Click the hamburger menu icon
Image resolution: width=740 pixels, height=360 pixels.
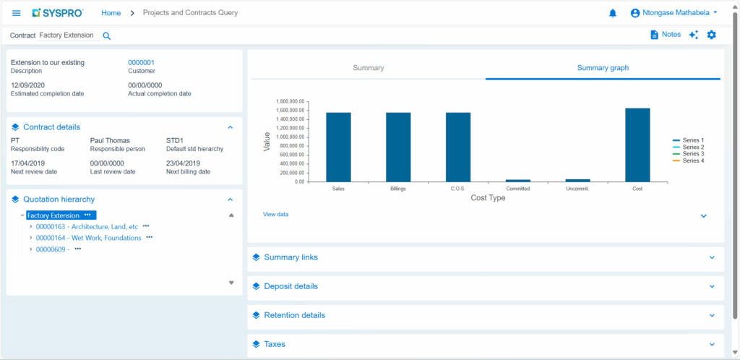coord(17,13)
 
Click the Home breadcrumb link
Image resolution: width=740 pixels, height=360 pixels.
coord(111,13)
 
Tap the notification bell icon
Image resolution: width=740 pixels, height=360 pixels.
coord(613,13)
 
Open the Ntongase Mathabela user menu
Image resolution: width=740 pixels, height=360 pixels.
coord(674,13)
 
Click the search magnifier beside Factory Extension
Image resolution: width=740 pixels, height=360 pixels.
coord(107,35)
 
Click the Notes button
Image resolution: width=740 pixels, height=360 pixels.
coord(666,35)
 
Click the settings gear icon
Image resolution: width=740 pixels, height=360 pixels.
coord(712,35)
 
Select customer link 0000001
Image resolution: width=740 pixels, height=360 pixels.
coord(141,63)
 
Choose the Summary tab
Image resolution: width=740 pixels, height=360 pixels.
coord(368,68)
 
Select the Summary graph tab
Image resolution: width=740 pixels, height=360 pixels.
coord(603,68)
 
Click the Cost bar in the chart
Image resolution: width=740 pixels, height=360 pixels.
coord(637,145)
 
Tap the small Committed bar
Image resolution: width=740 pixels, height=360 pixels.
coord(518,180)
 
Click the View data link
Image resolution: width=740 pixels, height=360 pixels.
coord(275,214)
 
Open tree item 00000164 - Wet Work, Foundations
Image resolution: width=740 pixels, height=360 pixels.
coord(88,238)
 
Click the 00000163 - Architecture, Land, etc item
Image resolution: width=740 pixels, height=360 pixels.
coord(87,226)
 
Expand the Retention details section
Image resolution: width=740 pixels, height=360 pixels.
coord(294,315)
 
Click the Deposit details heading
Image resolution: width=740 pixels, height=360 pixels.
coord(291,286)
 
